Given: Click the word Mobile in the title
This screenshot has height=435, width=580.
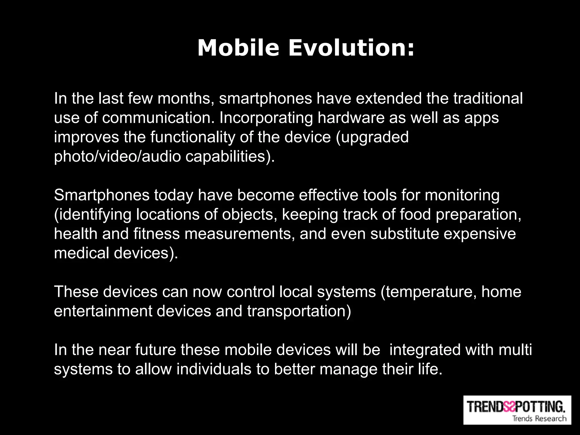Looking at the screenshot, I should pyautogui.click(x=238, y=48).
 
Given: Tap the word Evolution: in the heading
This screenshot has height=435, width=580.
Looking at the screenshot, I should pyautogui.click(x=351, y=48).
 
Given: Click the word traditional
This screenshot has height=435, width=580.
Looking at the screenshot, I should pyautogui.click(x=488, y=99).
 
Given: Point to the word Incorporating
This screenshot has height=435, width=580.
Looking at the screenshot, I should pyautogui.click(x=266, y=118).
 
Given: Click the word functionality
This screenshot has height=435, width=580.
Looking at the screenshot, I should pyautogui.click(x=193, y=137).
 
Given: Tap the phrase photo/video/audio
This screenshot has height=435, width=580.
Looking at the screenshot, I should pyautogui.click(x=117, y=157).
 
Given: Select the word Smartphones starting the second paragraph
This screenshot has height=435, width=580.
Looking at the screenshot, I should pyautogui.click(x=102, y=195).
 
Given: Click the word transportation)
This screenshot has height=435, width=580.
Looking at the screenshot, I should pyautogui.click(x=299, y=311).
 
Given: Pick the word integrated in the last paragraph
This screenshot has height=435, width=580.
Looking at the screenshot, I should pyautogui.click(x=425, y=350).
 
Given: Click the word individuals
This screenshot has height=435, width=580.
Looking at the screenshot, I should pyautogui.click(x=214, y=369).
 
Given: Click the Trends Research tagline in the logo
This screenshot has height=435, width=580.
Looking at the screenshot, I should pyautogui.click(x=539, y=418).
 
